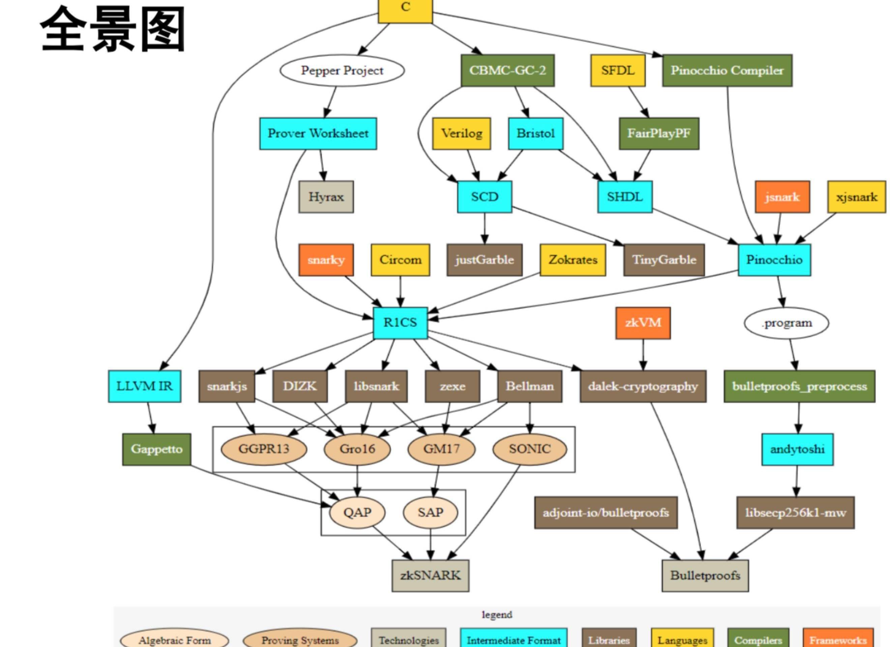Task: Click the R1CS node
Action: point(400,323)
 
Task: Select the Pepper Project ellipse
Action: point(342,71)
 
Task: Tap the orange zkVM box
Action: point(643,323)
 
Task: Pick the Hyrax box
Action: point(326,197)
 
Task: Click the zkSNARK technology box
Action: point(430,576)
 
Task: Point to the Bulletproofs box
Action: point(705,576)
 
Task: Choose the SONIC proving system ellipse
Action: point(529,449)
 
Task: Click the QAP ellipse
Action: point(357,513)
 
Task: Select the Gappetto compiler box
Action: point(156,449)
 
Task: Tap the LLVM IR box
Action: point(144,386)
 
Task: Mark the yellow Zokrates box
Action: point(572,260)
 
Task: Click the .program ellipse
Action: point(787,323)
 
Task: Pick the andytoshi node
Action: point(797,449)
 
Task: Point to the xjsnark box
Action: point(856,197)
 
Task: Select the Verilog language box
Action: point(462,134)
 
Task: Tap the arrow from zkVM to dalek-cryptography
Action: point(643,354)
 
